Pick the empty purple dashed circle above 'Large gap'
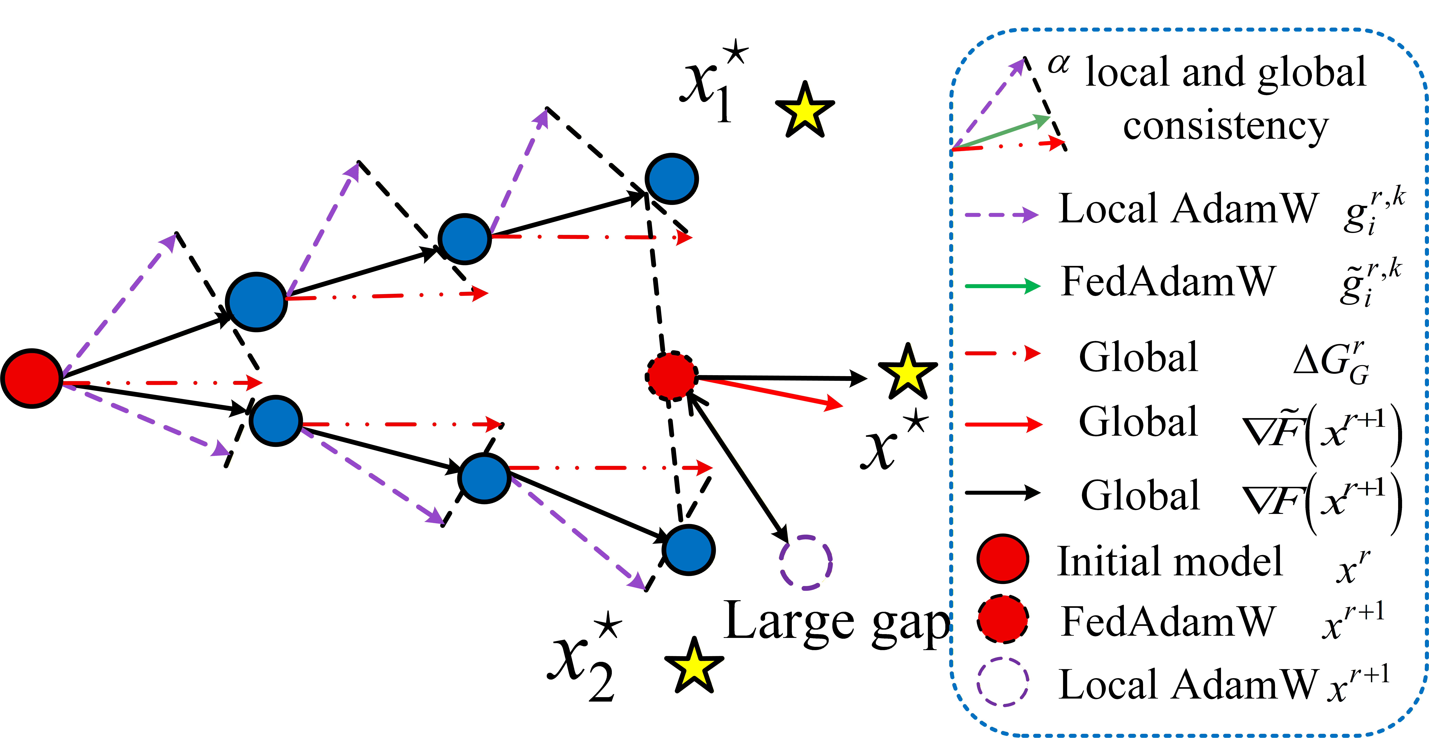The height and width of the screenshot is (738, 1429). click(805, 562)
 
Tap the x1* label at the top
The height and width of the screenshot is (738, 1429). click(713, 80)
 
